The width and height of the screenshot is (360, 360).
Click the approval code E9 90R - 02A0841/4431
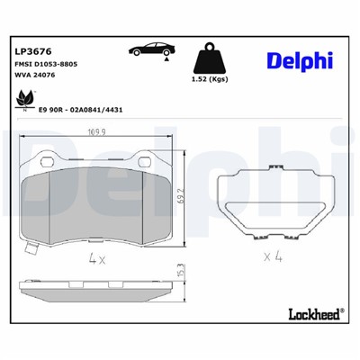[77, 104]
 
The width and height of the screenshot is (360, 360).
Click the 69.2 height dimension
[181, 195]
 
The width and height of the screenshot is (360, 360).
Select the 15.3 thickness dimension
[181, 269]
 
